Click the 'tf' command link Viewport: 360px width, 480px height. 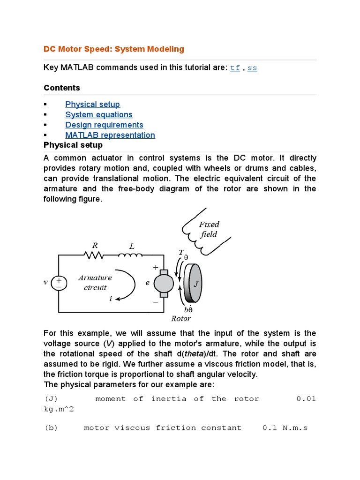[235, 68]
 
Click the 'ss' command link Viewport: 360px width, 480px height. [252, 68]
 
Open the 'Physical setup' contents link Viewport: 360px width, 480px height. [92, 105]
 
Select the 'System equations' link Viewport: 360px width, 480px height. [99, 115]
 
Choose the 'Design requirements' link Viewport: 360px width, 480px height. [104, 125]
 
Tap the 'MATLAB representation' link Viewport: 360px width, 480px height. [110, 135]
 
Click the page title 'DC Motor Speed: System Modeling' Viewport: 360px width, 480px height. [114, 49]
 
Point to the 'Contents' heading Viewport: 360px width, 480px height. [62, 88]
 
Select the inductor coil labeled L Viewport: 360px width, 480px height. [131, 255]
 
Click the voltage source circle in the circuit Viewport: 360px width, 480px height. [59, 283]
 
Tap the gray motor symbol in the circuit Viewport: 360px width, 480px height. [163, 283]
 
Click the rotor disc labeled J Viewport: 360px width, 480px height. [194, 283]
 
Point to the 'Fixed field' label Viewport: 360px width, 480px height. [209, 229]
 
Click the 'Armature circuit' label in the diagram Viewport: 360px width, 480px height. [95, 282]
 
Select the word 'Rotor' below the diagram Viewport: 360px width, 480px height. [181, 319]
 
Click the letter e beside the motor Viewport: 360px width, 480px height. [147, 283]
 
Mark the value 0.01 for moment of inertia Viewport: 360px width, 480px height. [306, 399]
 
